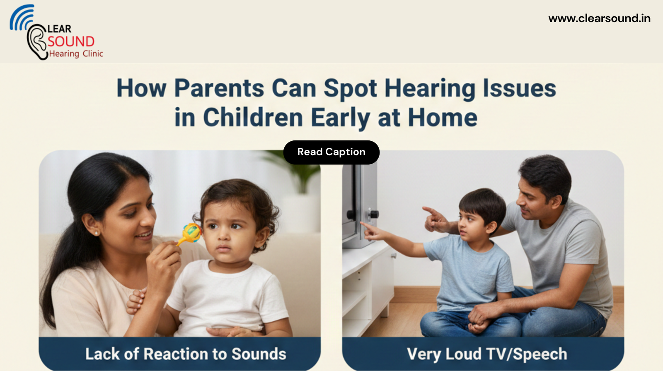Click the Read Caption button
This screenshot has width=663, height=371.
(x=331, y=152)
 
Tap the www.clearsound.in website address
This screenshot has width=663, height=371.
(x=599, y=18)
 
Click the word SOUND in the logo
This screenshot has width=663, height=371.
(x=71, y=41)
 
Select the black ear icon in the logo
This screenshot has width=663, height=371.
(x=37, y=41)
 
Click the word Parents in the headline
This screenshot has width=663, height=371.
(x=219, y=88)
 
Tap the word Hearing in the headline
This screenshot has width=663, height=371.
(x=430, y=89)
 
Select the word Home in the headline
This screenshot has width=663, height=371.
(x=443, y=118)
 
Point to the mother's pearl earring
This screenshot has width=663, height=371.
(x=96, y=234)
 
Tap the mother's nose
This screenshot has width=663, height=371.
(x=149, y=217)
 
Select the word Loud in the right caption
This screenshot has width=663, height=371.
(x=463, y=354)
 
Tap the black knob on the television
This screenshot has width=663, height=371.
(x=375, y=214)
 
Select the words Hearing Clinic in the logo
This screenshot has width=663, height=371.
(x=76, y=54)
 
